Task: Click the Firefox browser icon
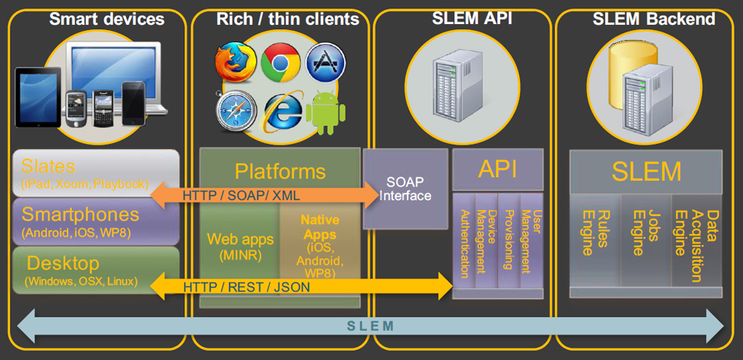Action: [x=235, y=63]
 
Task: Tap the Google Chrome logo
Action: [x=280, y=63]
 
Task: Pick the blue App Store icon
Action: [x=325, y=63]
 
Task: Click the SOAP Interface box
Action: [x=408, y=189]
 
